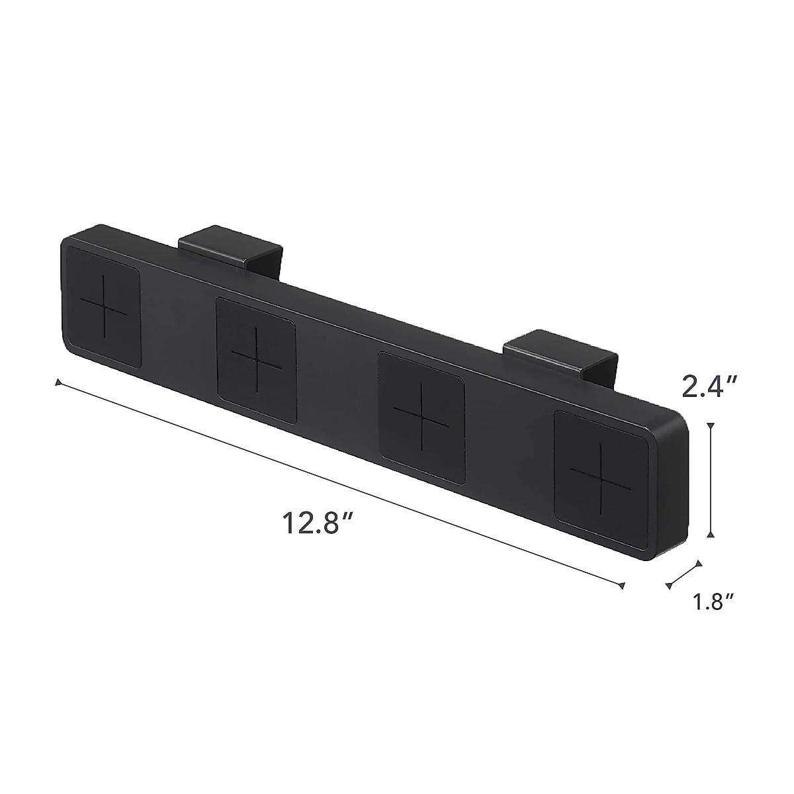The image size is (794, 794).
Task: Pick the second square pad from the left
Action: (257, 361)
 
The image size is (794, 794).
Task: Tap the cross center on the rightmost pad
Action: (601, 471)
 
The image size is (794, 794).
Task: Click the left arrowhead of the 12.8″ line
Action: (58, 382)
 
